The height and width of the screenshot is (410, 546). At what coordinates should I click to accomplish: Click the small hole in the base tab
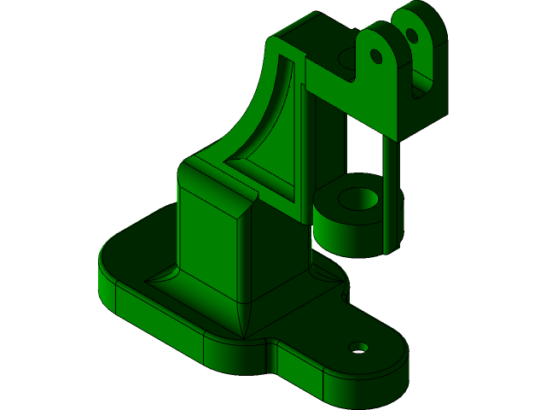point(359,348)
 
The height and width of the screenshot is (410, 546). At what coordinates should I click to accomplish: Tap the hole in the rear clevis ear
point(411,36)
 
